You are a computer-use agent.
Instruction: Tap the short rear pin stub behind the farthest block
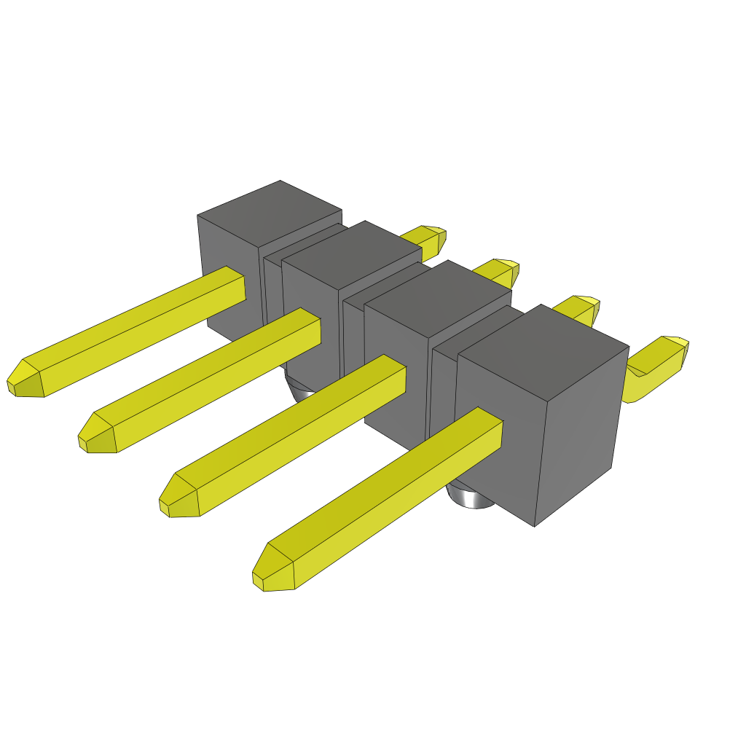[x=427, y=237]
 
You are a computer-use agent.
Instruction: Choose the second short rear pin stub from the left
[x=499, y=272]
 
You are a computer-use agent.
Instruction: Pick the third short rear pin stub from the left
[x=579, y=308]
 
